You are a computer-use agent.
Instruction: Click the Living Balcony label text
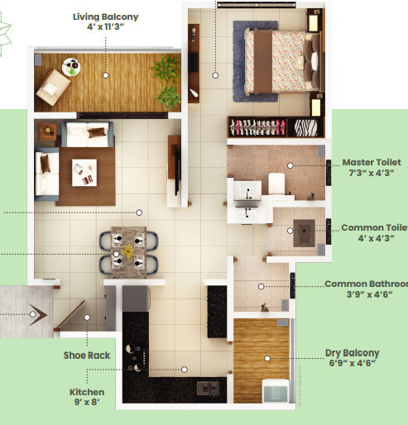104,17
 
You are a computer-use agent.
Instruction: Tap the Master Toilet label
372,163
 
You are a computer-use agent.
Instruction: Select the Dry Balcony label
352,353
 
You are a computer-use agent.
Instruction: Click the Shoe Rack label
87,356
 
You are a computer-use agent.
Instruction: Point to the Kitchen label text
87,393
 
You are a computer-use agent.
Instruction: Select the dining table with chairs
129,250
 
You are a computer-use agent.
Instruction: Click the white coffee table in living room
84,172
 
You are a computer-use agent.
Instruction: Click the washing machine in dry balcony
274,389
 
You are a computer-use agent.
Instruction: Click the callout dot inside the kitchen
184,370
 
